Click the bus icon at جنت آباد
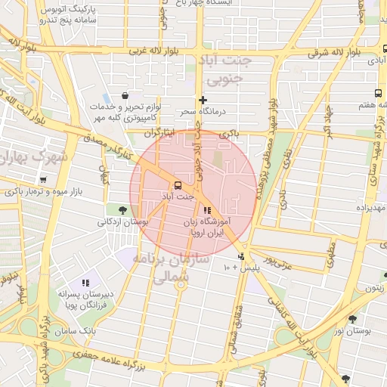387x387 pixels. click(x=178, y=184)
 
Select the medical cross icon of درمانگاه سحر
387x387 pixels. click(x=202, y=100)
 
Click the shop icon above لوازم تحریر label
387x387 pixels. click(x=125, y=96)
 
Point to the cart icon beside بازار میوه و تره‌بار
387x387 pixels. click(x=42, y=180)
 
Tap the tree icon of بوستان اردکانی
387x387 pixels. click(x=122, y=209)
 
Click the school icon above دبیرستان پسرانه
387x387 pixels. click(x=85, y=283)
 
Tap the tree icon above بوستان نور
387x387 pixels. click(x=352, y=320)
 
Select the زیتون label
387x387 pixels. click(x=375, y=288)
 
